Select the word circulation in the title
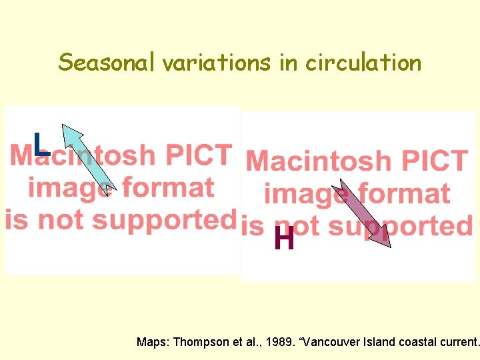tap(363, 62)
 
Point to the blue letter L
tap(41, 144)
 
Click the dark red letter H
tap(284, 239)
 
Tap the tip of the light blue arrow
tap(65, 127)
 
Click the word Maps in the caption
tap(153, 342)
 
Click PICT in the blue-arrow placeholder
tap(198, 154)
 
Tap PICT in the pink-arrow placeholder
tap(433, 161)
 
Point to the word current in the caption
tap(459, 342)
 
